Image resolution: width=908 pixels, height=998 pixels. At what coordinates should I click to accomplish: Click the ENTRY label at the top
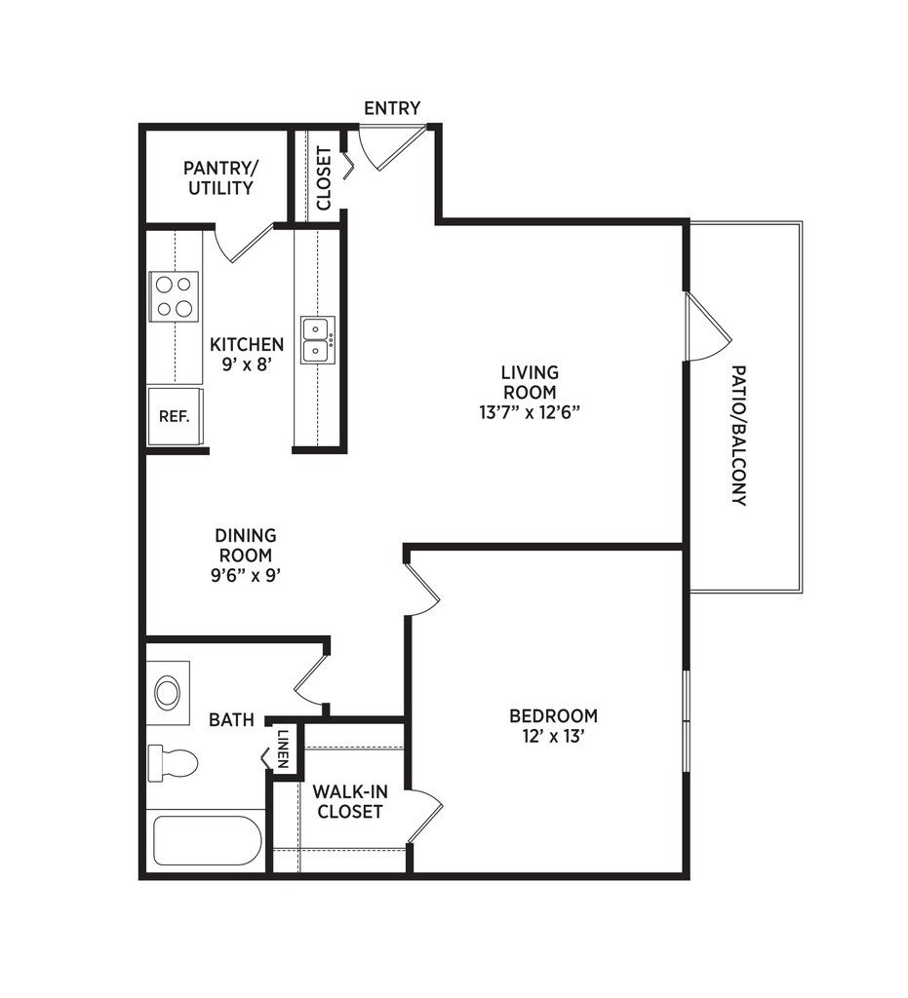coord(392,108)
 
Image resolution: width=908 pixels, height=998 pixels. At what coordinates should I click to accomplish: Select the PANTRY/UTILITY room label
coord(220,177)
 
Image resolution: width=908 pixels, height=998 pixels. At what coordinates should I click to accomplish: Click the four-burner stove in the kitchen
coord(174,296)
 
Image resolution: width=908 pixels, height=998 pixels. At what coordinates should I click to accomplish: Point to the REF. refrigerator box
coord(175,416)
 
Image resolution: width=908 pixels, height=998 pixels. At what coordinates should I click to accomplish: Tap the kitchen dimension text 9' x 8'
coord(247,365)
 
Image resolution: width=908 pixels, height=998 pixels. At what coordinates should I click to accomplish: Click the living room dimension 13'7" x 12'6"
coord(530,411)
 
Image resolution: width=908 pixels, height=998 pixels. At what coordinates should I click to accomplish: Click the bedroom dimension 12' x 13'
coord(553,737)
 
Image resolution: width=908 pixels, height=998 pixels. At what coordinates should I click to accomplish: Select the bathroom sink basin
coord(168,693)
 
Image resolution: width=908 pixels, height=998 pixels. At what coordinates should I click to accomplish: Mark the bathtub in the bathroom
coord(207,841)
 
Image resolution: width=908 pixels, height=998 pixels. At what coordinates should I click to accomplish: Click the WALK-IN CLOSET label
coord(347,801)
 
